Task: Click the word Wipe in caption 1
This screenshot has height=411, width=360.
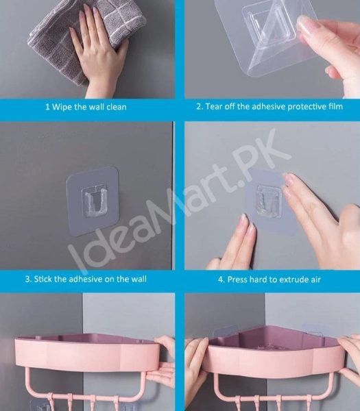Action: tap(62, 107)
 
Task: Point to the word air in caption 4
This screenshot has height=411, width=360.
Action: tap(314, 279)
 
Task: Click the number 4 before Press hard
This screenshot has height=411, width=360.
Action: tap(221, 279)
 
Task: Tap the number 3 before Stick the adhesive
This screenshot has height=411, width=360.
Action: tap(28, 279)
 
